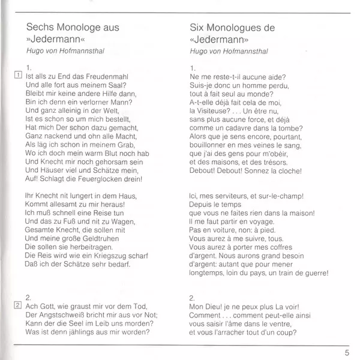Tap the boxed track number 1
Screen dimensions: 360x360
coord(17,75)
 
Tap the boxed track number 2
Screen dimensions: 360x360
coord(17,305)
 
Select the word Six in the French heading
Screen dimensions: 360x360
coord(197,28)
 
